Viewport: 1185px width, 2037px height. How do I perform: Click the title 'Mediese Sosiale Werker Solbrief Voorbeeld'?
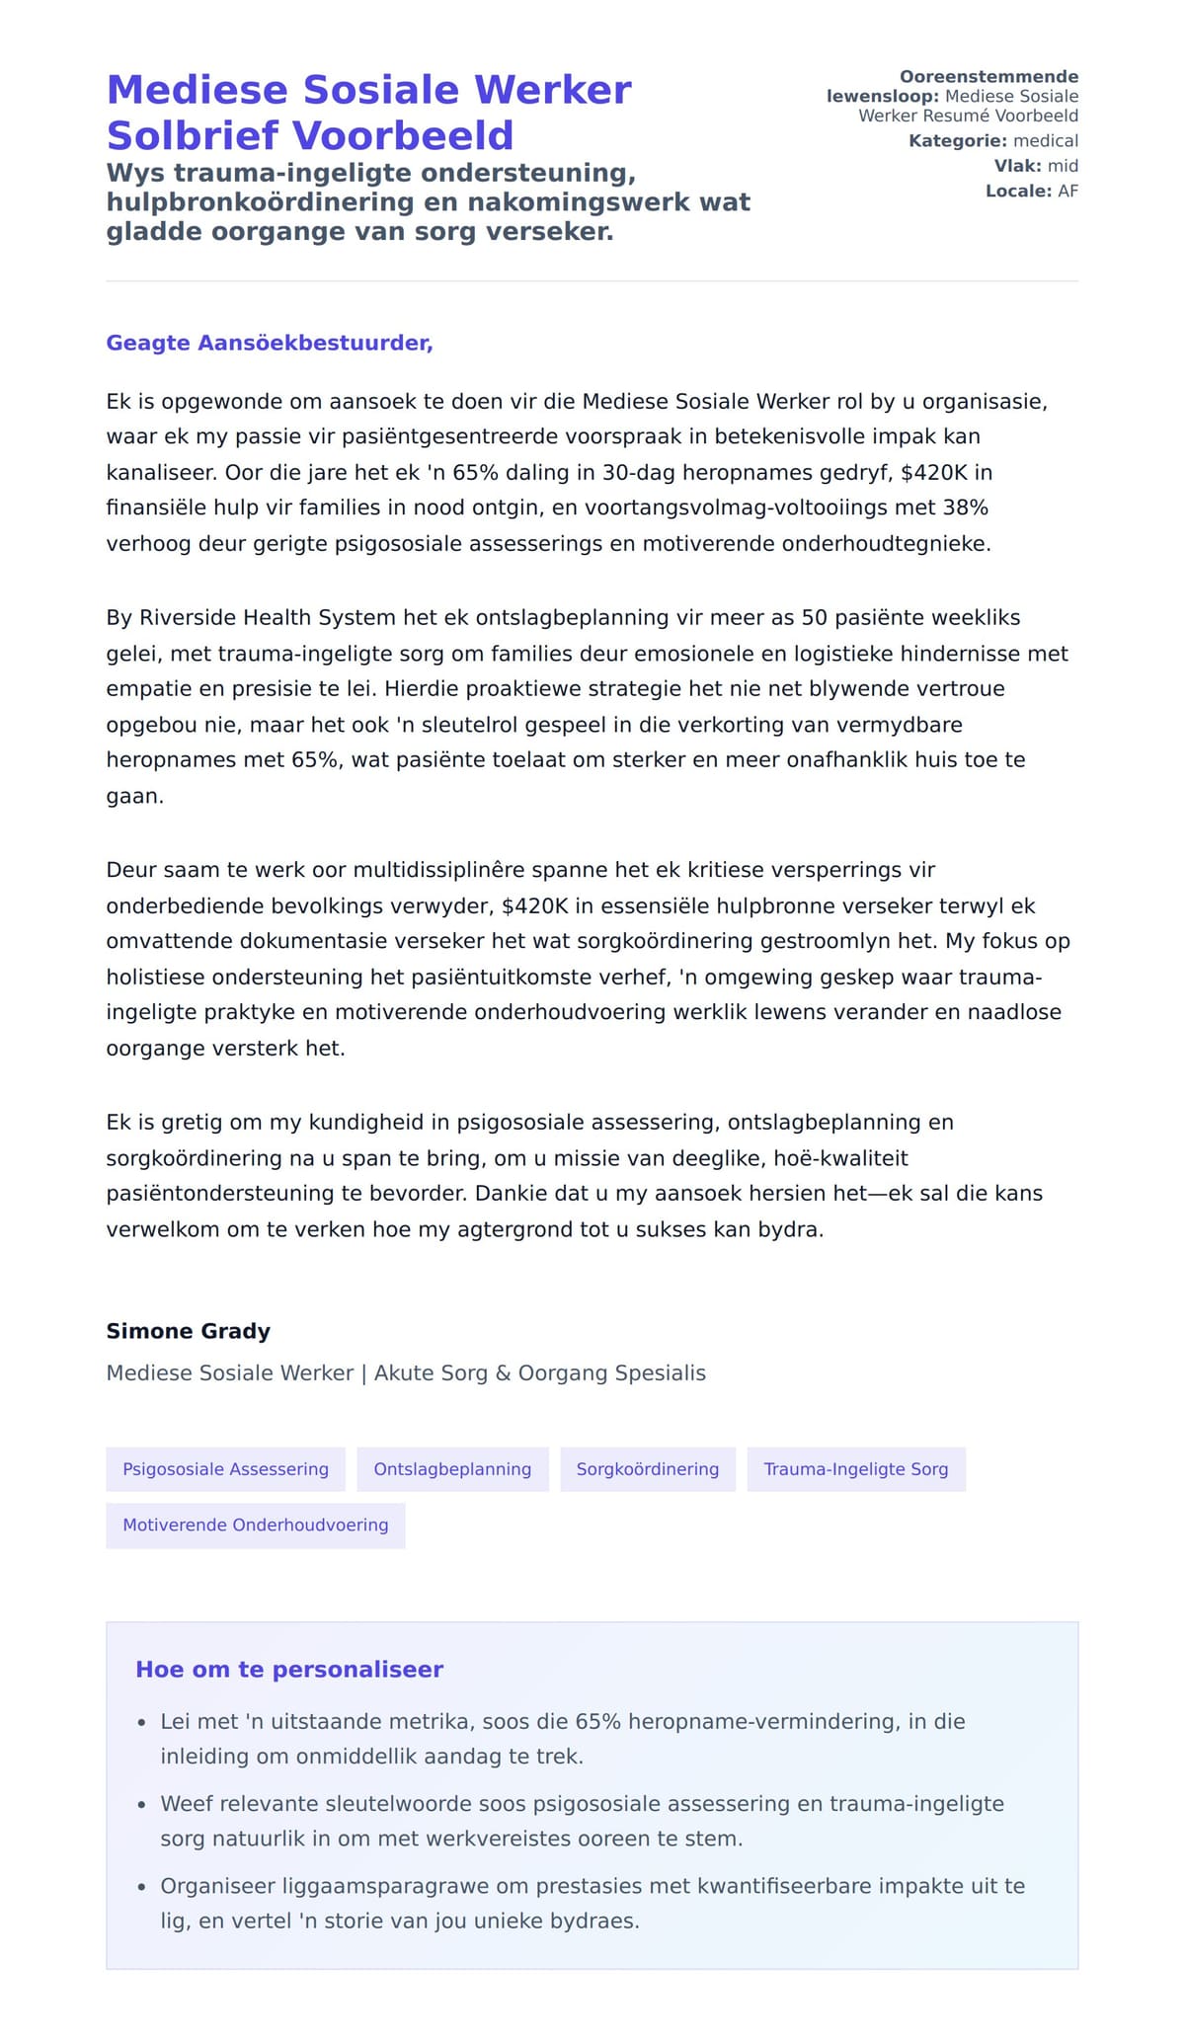[x=368, y=113]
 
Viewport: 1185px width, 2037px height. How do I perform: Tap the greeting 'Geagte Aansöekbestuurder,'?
[x=270, y=344]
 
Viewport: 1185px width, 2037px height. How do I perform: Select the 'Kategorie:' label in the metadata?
[x=957, y=141]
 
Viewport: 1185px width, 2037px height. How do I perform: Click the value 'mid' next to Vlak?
[x=1063, y=166]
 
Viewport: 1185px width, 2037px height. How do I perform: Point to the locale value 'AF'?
[x=1067, y=192]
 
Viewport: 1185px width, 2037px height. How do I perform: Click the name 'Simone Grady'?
[x=188, y=1331]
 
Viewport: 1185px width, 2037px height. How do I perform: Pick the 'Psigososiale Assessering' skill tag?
[x=225, y=1469]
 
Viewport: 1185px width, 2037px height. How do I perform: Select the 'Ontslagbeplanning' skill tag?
[x=452, y=1469]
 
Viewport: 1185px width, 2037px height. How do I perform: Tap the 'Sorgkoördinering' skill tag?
[x=648, y=1469]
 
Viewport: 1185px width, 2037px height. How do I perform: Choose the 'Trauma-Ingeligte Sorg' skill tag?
[x=856, y=1469]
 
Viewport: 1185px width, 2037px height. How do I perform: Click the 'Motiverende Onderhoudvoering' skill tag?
[x=256, y=1526]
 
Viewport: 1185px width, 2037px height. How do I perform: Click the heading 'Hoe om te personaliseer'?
[x=289, y=1670]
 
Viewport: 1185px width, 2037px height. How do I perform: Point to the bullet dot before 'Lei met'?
[x=141, y=1723]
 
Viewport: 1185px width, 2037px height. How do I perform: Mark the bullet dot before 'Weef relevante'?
[x=141, y=1805]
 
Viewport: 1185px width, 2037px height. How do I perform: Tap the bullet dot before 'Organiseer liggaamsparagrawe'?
[x=141, y=1887]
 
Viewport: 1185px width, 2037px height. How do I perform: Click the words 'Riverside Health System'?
[x=268, y=618]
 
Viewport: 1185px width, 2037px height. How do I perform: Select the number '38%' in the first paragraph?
[x=965, y=508]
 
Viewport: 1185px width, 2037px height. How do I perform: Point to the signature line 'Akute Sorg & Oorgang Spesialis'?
[x=540, y=1373]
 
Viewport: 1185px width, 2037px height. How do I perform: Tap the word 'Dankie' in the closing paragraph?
[x=509, y=1194]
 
